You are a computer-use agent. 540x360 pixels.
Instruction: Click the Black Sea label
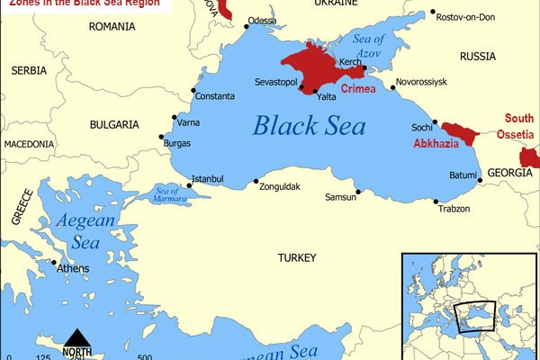309,125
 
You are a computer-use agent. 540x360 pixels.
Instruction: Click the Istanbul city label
208,178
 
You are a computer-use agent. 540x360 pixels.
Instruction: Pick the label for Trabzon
454,209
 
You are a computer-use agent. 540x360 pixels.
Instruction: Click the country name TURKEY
297,258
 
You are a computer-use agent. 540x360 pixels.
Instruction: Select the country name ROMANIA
112,27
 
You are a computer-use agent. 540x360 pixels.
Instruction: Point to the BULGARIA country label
114,124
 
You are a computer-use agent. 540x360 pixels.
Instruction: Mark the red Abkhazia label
435,144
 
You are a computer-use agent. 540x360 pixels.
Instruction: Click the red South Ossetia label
519,126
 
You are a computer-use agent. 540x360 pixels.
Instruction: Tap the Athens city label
73,268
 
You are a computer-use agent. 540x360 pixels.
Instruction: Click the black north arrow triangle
76,337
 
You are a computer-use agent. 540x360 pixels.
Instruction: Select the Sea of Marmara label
168,193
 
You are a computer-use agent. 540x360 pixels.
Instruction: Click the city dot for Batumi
480,181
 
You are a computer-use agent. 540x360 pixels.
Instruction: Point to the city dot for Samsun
358,191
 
